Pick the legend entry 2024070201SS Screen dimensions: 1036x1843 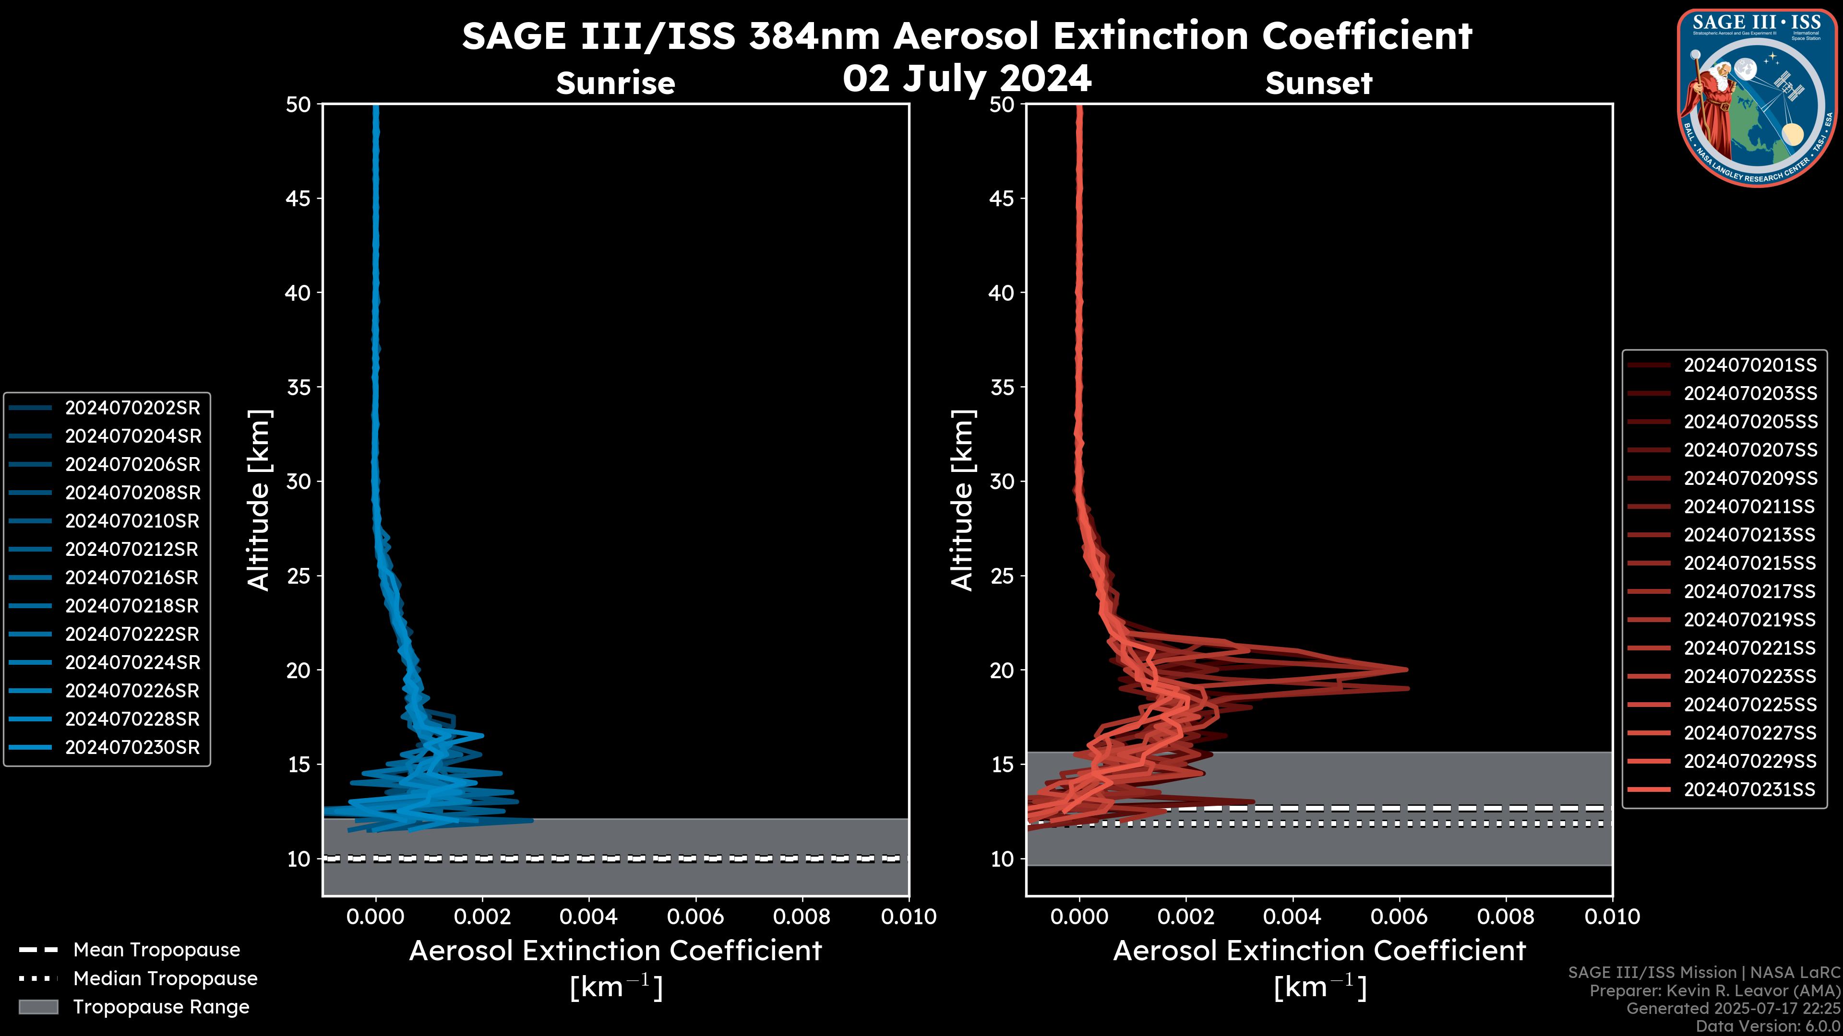click(x=1749, y=365)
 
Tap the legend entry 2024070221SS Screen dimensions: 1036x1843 click(x=1749, y=648)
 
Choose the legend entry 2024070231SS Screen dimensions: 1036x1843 click(x=1749, y=789)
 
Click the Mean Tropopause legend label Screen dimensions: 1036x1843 click(x=156, y=950)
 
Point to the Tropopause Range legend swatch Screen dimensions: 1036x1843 click(x=38, y=1007)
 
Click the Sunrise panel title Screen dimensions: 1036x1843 click(x=615, y=83)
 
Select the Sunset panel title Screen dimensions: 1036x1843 click(x=1318, y=83)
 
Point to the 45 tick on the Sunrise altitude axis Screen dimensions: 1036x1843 click(x=299, y=198)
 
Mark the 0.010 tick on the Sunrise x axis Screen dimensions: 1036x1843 click(x=908, y=917)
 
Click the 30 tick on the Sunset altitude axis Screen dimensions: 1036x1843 click(x=1002, y=481)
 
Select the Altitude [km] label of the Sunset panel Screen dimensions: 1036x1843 click(x=962, y=500)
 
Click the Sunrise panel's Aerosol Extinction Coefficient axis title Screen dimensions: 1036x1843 click(x=615, y=951)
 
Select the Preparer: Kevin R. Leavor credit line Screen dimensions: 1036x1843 click(x=1714, y=991)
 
